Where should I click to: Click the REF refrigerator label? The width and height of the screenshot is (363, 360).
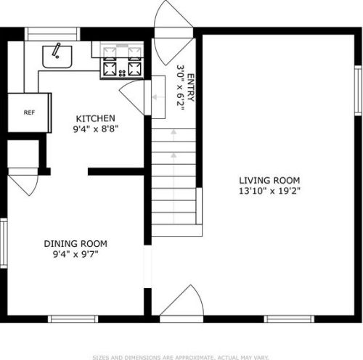[29, 112]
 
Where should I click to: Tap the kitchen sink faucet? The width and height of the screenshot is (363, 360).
[56, 50]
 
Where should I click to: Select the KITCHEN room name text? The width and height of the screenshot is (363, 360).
[95, 118]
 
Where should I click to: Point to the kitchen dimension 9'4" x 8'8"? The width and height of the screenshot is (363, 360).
[96, 129]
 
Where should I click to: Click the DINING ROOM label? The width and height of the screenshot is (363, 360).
[76, 244]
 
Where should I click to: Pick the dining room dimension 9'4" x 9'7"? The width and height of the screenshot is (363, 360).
[76, 254]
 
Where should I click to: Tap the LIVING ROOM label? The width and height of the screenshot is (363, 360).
[269, 181]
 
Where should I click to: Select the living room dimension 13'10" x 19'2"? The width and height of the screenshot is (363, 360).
[269, 191]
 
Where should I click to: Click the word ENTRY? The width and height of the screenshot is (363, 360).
[191, 88]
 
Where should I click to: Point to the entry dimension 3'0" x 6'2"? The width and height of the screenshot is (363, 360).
[181, 88]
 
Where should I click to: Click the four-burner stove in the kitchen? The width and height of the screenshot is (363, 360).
[122, 61]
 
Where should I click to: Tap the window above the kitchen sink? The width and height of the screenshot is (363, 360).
[52, 34]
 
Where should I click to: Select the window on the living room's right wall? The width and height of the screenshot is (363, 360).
[358, 90]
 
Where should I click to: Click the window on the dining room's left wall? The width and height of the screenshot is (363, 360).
[4, 243]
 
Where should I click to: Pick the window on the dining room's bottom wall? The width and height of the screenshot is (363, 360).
[73, 319]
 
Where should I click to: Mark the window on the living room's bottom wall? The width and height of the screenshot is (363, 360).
[289, 319]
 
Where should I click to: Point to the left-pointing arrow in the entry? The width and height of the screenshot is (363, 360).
[158, 97]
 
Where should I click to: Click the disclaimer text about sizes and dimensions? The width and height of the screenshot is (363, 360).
[181, 357]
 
